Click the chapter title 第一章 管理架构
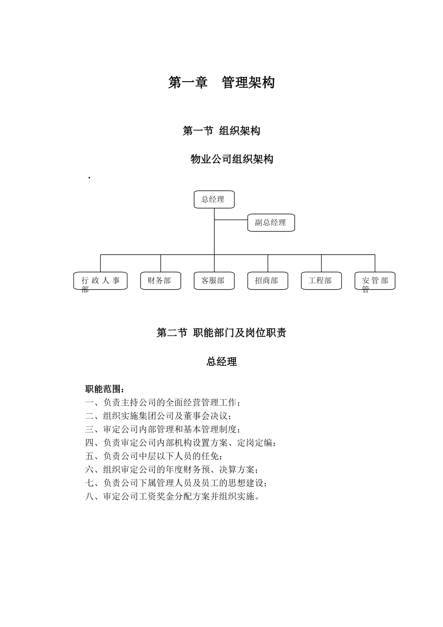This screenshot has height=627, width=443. click(221, 83)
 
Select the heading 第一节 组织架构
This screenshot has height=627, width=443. click(221, 131)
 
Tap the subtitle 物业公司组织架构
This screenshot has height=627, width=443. click(232, 159)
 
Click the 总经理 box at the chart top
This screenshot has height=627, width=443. click(214, 199)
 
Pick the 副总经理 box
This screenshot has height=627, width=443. click(271, 223)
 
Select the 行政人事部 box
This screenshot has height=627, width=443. click(100, 281)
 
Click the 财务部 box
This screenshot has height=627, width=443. click(160, 281)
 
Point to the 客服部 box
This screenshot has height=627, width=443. click(214, 281)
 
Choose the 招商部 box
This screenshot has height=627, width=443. click(268, 281)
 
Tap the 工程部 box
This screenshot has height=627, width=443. click(321, 281)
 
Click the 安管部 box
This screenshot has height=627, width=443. click(375, 281)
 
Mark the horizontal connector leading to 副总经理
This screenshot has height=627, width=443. click(231, 220)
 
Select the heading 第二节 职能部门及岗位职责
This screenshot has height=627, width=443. click(221, 333)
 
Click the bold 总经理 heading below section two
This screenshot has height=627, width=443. click(221, 362)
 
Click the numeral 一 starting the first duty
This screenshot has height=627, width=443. click(90, 403)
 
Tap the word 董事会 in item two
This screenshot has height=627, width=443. click(197, 416)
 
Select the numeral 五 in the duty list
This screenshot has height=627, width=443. click(90, 456)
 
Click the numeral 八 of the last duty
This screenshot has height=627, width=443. click(90, 496)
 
